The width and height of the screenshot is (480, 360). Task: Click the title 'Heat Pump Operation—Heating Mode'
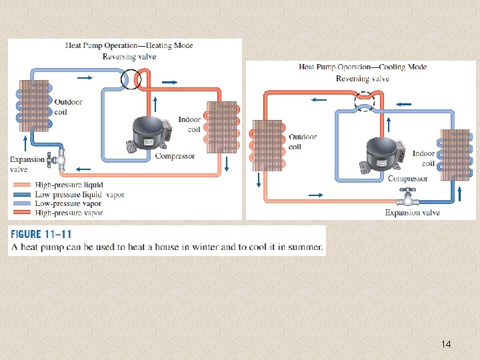(x=129, y=45)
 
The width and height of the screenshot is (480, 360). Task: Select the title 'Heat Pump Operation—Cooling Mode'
(x=363, y=67)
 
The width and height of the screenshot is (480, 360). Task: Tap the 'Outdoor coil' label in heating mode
(x=68, y=107)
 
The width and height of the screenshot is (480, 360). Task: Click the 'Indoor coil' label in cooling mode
(x=423, y=158)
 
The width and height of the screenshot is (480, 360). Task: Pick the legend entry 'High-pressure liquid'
(x=69, y=185)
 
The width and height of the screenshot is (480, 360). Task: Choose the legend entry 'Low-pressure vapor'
(x=67, y=203)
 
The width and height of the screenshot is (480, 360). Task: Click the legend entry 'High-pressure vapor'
(x=69, y=213)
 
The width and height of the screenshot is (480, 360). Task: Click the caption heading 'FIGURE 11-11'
(x=41, y=234)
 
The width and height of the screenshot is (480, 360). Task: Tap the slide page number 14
(x=446, y=344)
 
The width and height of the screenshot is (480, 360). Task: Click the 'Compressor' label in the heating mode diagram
(x=175, y=156)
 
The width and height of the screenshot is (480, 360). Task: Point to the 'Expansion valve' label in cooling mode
(x=412, y=213)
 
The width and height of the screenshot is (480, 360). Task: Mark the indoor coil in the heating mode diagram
(x=222, y=127)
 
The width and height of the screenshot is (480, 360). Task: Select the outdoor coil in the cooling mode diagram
(x=267, y=146)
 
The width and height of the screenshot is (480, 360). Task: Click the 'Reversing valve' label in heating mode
(x=129, y=57)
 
